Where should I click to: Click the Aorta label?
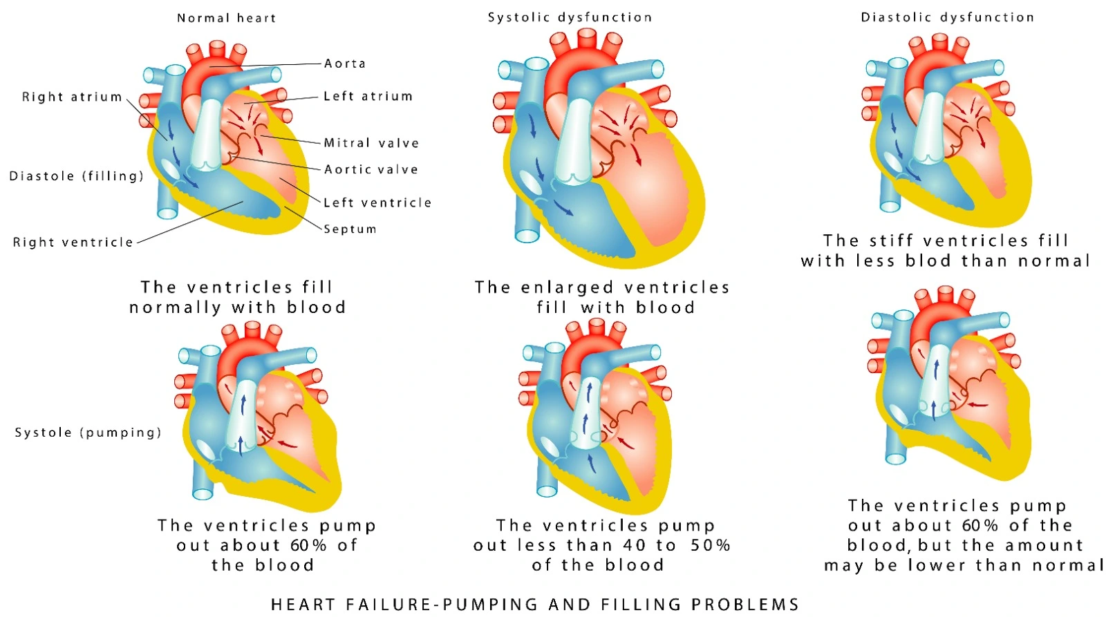(x=345, y=64)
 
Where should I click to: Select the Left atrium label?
(x=368, y=96)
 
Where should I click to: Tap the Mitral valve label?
(x=371, y=143)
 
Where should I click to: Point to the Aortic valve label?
(x=371, y=170)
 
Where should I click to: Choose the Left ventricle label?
(x=377, y=202)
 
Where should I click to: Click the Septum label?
(x=350, y=229)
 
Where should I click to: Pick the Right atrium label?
(x=72, y=97)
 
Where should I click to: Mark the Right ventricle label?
(x=73, y=243)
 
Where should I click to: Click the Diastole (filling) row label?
(x=77, y=176)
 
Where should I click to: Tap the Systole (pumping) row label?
(x=88, y=433)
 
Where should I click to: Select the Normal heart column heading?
(x=227, y=18)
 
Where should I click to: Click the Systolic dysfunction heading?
(x=570, y=17)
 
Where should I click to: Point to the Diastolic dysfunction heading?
(x=948, y=17)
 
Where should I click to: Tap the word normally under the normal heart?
(x=176, y=308)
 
